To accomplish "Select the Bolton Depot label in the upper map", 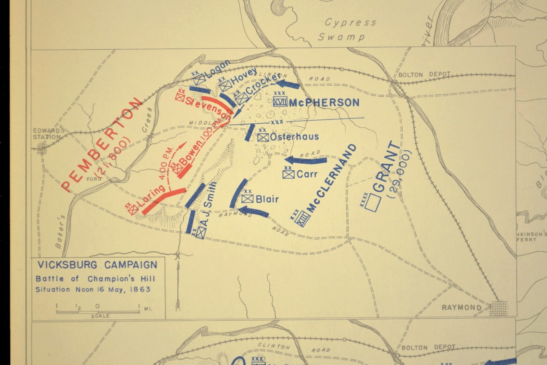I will pyautogui.click(x=424, y=75).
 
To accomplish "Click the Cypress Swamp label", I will pyautogui.click(x=347, y=29).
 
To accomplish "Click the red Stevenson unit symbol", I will pyautogui.click(x=180, y=97).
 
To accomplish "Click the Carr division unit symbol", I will pyautogui.click(x=288, y=174).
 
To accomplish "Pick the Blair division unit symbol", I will pyautogui.click(x=247, y=199).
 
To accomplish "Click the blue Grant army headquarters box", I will pyautogui.click(x=373, y=203).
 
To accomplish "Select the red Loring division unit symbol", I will pyautogui.click(x=133, y=209).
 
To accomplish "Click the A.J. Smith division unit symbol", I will pyautogui.click(x=201, y=233).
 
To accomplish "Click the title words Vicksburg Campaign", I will pyautogui.click(x=97, y=265).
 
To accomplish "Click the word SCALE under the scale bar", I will pyautogui.click(x=100, y=316).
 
